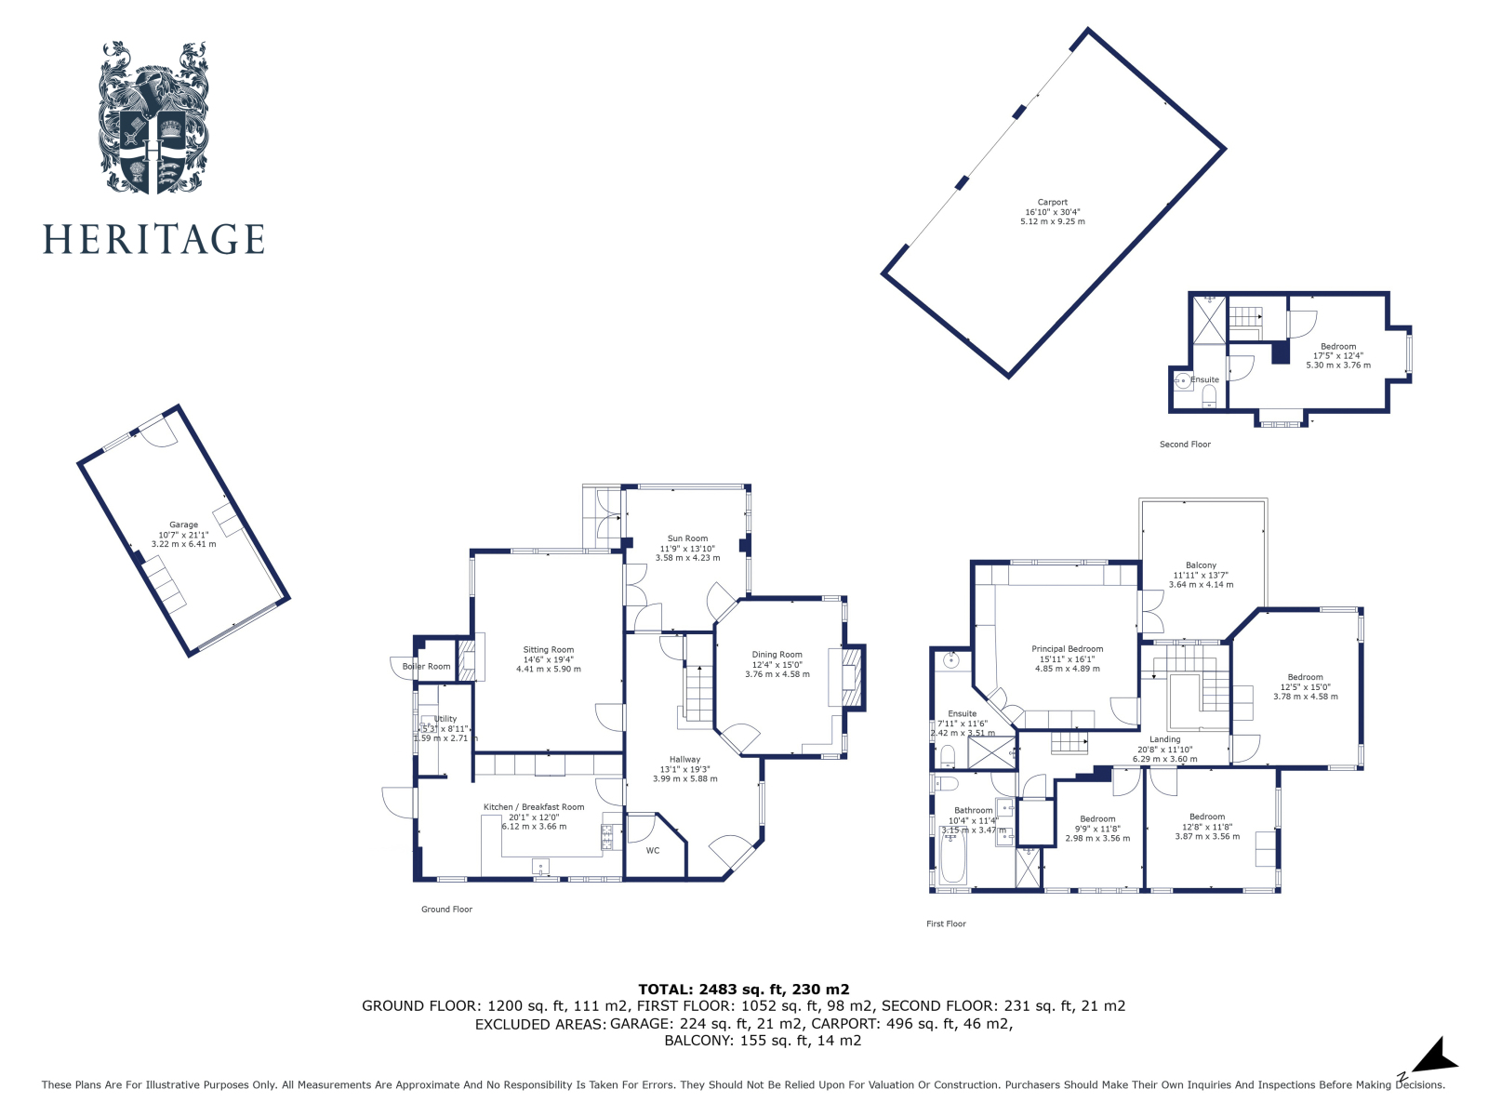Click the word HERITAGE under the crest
[153, 240]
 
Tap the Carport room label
[1053, 203]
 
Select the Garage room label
[183, 525]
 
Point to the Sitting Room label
[549, 650]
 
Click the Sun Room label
[687, 538]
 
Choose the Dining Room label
[777, 655]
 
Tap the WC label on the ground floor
[653, 850]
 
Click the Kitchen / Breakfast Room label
[534, 807]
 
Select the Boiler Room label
[426, 666]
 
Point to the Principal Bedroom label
[1067, 649]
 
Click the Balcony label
[1201, 565]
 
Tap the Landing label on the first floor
[1164, 739]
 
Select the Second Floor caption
[1185, 445]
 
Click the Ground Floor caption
[446, 910]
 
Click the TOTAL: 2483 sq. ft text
[743, 990]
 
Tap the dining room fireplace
[852, 676]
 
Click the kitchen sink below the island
[540, 868]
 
